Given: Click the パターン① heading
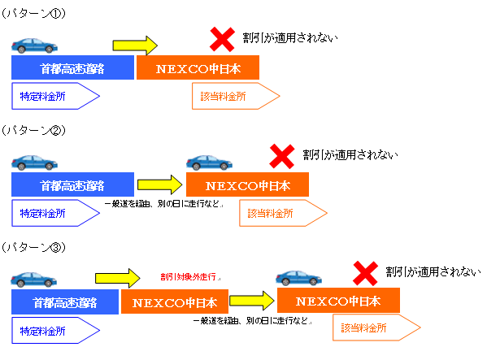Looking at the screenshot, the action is click(33, 13).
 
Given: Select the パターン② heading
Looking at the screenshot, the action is click(33, 130).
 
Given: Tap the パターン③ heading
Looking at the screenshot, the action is click(33, 247).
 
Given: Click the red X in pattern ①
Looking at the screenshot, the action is click(222, 39).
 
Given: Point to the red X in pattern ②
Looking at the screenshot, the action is click(282, 156).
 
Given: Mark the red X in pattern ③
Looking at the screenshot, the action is click(366, 273).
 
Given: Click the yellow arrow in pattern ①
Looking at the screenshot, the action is click(135, 46).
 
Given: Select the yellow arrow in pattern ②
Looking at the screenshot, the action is click(160, 184).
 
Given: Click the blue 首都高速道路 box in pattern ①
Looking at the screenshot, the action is click(72, 67).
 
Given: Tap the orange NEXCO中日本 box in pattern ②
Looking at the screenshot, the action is click(247, 184).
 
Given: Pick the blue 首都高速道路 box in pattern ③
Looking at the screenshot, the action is click(65, 301).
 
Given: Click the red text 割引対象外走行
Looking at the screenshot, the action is click(189, 276).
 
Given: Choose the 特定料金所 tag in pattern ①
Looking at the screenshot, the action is click(55, 96).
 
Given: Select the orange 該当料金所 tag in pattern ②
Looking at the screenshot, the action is click(283, 213).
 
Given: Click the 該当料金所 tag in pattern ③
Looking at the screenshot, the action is click(376, 327).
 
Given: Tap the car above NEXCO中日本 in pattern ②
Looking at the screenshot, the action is click(209, 163).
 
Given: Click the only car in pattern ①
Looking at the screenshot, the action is click(34, 46).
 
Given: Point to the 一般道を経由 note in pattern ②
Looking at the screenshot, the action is click(163, 204).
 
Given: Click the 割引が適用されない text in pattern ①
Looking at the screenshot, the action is click(290, 38).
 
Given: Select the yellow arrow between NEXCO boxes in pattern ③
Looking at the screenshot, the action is click(252, 301).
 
